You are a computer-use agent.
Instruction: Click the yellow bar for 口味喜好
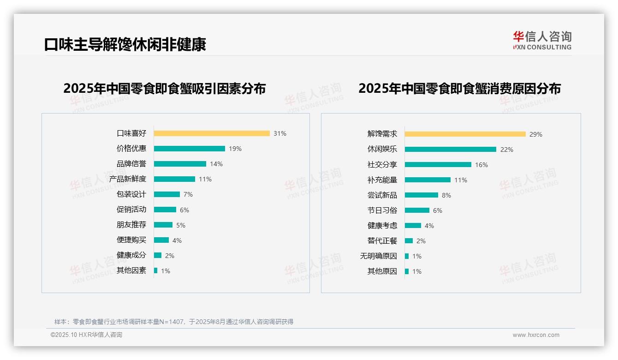tap(212, 133)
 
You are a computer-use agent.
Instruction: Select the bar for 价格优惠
tap(189, 149)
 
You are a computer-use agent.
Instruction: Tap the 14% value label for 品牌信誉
tap(216, 164)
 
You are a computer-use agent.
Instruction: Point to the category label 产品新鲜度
tap(128, 179)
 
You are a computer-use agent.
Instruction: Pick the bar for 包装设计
tap(166, 194)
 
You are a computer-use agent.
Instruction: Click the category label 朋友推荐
tap(131, 225)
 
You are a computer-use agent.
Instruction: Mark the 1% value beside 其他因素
tap(166, 271)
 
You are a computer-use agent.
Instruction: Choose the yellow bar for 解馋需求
tap(465, 134)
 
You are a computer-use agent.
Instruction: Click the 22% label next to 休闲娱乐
tap(507, 150)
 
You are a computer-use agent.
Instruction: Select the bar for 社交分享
tap(438, 165)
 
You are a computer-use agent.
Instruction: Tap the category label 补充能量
tap(382, 180)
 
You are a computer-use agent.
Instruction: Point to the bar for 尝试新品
tap(421, 195)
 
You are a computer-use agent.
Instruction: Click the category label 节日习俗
tap(382, 210)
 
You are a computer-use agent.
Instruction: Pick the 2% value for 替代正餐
tap(421, 241)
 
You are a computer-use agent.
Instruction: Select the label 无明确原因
tap(378, 256)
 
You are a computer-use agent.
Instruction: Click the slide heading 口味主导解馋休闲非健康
tap(125, 44)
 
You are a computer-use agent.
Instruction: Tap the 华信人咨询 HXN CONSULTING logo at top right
tap(542, 41)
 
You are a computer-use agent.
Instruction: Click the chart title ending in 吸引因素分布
tap(165, 89)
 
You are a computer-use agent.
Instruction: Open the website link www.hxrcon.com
tap(536, 335)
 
